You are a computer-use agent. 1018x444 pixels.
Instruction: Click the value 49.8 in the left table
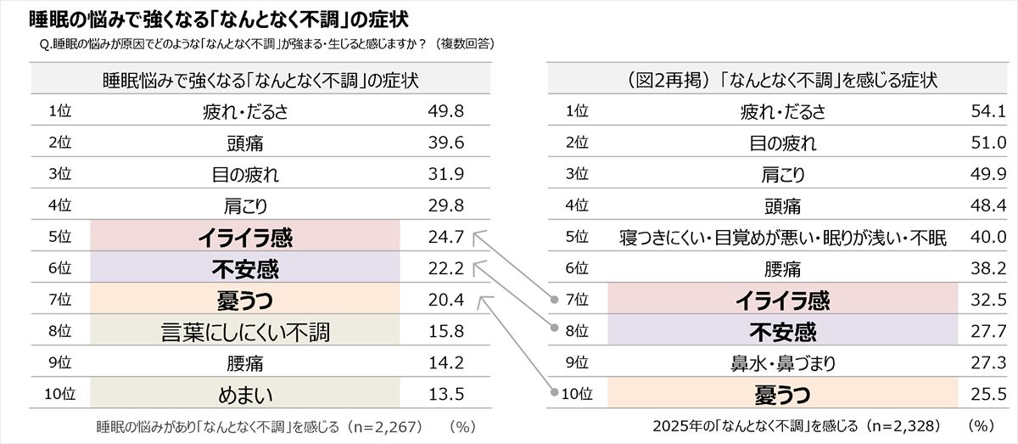click(x=446, y=111)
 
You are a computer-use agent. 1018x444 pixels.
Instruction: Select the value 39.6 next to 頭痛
click(x=446, y=143)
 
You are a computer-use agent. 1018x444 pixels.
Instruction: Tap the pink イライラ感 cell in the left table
click(x=244, y=238)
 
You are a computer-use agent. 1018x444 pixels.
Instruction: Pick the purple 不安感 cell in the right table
click(x=782, y=331)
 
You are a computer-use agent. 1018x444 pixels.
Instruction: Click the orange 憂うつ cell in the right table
click(x=782, y=394)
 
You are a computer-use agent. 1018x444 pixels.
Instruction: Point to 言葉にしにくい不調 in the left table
click(x=244, y=332)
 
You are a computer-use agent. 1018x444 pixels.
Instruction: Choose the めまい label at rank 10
click(x=244, y=395)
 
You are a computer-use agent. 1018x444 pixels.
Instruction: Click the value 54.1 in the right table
click(x=987, y=111)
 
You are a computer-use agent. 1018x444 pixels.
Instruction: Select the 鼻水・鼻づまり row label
click(x=782, y=363)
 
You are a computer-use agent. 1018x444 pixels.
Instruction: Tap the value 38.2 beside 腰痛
click(x=987, y=269)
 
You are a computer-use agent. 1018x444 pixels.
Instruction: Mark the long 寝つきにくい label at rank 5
click(x=782, y=238)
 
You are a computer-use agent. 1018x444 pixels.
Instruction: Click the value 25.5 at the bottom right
click(x=987, y=395)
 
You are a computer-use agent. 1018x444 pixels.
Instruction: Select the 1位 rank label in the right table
click(x=577, y=111)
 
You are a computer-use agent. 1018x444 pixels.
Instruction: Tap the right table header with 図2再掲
click(x=781, y=81)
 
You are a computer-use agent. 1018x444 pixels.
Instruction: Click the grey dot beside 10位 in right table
click(x=557, y=394)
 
